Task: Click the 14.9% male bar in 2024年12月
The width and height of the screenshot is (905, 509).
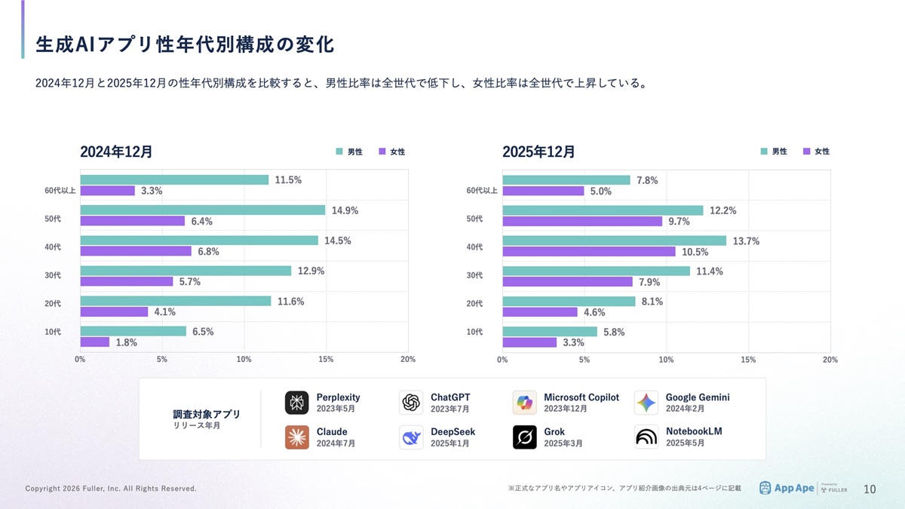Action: click(202, 210)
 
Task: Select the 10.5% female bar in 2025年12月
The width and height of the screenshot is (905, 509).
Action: click(589, 251)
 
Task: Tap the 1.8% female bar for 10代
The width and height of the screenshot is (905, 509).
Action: click(95, 342)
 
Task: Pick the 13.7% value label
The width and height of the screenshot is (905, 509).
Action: click(746, 241)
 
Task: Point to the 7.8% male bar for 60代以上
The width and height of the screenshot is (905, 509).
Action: click(566, 180)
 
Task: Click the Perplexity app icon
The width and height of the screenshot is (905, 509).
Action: click(296, 403)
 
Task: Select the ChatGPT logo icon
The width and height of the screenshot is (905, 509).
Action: click(411, 403)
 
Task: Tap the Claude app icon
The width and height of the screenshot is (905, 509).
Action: click(296, 437)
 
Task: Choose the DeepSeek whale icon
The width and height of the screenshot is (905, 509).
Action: click(411, 437)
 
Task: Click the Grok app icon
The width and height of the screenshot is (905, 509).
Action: click(524, 437)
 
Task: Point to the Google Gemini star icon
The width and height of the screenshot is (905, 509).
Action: click(646, 403)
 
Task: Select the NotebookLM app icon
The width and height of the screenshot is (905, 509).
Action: click(646, 437)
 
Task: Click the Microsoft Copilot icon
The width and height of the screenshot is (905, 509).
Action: click(524, 403)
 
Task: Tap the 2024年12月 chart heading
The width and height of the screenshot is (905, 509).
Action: click(116, 152)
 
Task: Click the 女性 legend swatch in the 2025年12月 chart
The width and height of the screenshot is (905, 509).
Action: click(807, 152)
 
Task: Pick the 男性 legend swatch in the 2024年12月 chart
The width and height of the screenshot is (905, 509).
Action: click(339, 152)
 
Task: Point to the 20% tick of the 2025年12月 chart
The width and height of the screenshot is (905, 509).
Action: click(830, 360)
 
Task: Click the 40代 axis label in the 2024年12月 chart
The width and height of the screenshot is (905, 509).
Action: click(53, 247)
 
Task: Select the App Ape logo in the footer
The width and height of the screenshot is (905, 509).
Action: click(787, 488)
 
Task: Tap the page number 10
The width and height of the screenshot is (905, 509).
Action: click(870, 489)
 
